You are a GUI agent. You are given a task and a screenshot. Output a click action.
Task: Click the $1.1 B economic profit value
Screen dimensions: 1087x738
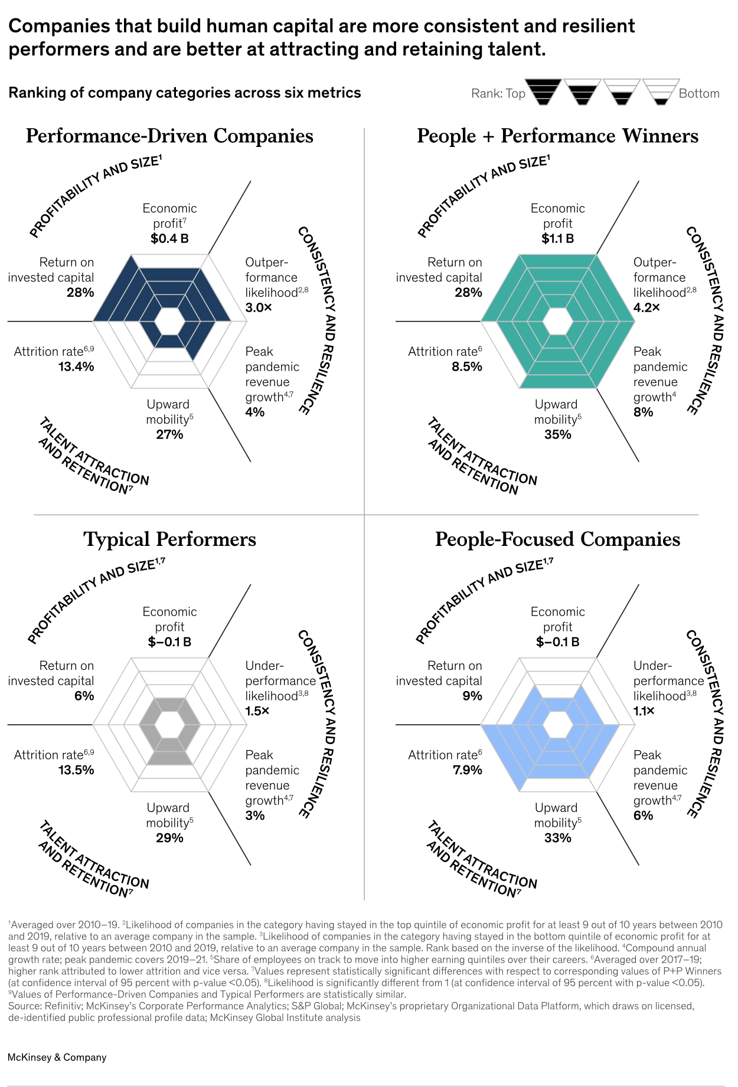(557, 238)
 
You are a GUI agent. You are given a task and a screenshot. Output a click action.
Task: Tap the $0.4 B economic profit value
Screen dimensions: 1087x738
(169, 238)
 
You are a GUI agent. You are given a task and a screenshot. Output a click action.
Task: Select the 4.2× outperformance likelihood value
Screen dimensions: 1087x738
(646, 307)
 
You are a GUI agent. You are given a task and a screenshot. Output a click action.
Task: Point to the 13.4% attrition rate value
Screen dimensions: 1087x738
(76, 366)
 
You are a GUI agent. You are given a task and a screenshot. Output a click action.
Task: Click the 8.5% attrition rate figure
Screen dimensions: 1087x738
(467, 366)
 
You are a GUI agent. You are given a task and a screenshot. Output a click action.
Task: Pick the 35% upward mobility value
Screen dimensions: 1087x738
(557, 434)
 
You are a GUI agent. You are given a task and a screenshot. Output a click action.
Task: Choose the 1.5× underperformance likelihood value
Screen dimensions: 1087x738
(257, 711)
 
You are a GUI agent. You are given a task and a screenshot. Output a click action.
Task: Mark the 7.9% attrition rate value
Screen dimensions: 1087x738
(467, 770)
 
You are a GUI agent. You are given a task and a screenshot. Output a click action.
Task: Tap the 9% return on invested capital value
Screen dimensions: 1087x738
(472, 696)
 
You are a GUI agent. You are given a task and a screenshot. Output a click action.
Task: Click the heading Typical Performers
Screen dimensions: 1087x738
(169, 539)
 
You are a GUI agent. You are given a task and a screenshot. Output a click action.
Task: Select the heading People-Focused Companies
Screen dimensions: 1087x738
(557, 539)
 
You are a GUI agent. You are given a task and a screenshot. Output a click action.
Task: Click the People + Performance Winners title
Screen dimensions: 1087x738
(557, 136)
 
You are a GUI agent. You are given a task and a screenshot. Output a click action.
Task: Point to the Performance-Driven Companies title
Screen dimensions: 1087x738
(169, 136)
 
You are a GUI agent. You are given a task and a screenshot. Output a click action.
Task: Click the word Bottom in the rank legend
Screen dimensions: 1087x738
(699, 93)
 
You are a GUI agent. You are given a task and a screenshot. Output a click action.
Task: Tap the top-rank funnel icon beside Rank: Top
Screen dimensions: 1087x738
(543, 91)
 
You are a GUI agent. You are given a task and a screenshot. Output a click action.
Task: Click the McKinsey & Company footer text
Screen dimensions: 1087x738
(57, 1057)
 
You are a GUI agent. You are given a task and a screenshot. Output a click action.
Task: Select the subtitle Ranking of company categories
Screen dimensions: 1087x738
(184, 93)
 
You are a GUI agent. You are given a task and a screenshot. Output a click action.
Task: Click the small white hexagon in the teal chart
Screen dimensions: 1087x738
(557, 322)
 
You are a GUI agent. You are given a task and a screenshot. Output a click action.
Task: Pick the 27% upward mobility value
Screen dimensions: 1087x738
(169, 434)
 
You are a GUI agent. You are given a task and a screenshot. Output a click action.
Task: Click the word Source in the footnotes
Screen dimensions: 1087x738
(22, 1006)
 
